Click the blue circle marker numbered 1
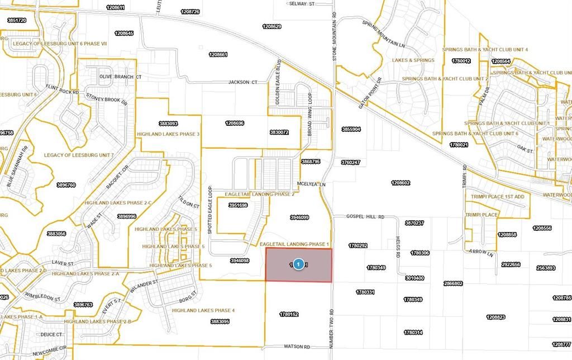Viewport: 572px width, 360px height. pos(299,264)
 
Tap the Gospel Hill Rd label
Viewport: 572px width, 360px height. pos(366,216)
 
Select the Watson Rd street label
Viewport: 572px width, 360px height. pos(298,347)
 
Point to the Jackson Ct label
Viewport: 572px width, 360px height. pos(242,82)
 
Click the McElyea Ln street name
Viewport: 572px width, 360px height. pos(311,183)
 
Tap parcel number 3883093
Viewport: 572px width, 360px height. pos(168,124)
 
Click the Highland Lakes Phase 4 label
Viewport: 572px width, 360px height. pos(203,310)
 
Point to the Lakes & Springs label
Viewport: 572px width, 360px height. pos(413,60)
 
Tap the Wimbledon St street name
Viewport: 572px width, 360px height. pos(42,299)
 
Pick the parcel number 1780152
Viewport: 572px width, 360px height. pos(290,315)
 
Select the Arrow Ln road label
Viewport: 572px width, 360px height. pos(483,253)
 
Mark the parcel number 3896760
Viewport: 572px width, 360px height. pos(66,184)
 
